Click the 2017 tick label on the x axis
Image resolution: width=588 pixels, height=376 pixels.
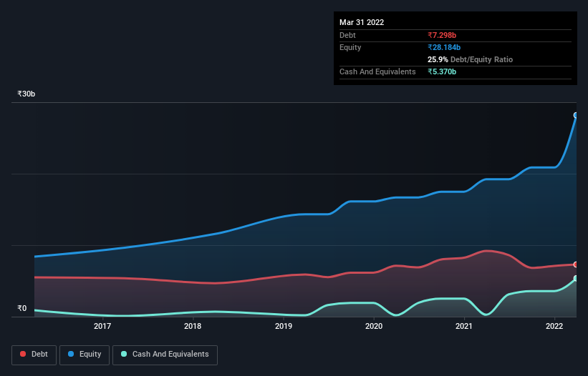click(102, 327)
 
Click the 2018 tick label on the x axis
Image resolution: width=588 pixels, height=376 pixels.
click(193, 327)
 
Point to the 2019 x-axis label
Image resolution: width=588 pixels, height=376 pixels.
click(284, 327)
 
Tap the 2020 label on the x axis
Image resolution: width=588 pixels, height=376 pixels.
click(374, 327)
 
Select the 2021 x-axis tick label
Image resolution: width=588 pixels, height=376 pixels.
click(464, 327)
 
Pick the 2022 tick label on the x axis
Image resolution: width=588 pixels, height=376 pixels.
click(554, 327)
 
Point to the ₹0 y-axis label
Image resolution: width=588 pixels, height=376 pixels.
click(21, 309)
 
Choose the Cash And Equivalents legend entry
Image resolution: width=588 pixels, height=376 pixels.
click(165, 354)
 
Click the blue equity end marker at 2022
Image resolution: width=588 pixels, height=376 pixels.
click(575, 115)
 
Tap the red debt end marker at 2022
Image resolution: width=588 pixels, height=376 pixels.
click(575, 264)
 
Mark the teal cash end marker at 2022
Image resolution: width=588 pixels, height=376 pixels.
click(575, 278)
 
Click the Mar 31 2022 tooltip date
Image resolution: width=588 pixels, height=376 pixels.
click(362, 22)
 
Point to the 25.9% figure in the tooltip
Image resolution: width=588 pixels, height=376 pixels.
click(438, 59)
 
